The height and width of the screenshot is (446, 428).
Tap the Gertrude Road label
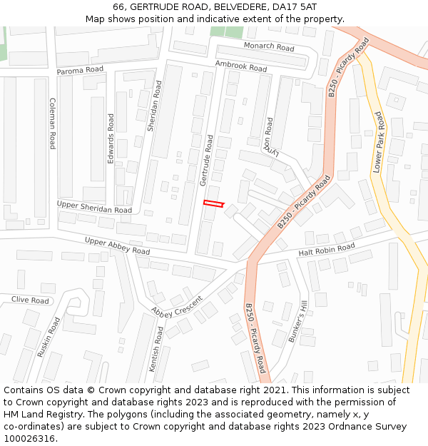tap(205, 157)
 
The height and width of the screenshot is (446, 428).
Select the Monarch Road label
tap(269, 47)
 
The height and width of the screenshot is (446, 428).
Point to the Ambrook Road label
tap(241, 66)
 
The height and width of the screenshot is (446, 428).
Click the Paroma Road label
tap(80, 70)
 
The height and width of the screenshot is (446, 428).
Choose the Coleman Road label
tap(52, 123)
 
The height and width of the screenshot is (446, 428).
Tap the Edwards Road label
tap(111, 138)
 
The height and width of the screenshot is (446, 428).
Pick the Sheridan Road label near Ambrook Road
tap(154, 106)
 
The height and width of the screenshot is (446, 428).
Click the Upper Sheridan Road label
tap(94, 208)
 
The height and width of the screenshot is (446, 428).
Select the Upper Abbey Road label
tap(117, 246)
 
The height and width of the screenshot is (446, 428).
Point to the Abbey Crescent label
tap(178, 306)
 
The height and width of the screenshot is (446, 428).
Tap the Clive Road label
tap(30, 300)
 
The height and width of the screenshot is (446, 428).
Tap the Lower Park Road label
tap(378, 142)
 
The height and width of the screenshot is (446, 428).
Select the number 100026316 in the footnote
tap(30, 439)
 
